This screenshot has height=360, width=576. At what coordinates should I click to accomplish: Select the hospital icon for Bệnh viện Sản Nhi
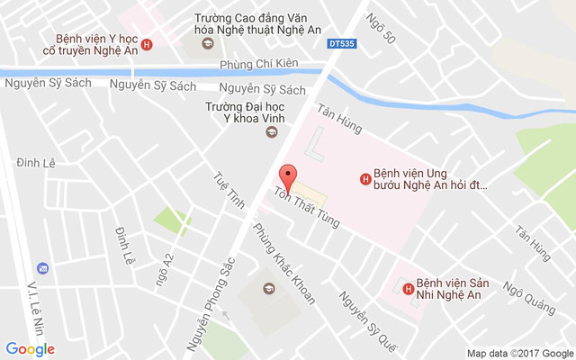(409, 289)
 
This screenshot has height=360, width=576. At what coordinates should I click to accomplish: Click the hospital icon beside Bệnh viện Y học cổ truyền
(147, 44)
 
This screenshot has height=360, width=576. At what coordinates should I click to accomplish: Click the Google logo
(30, 349)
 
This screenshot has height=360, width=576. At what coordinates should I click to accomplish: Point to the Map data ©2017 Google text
(519, 353)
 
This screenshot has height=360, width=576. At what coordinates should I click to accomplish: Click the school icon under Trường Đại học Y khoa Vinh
(268, 133)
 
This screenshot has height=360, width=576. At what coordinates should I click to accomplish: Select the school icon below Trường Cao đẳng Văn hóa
(207, 44)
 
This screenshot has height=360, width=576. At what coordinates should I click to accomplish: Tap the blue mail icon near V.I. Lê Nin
(41, 268)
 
